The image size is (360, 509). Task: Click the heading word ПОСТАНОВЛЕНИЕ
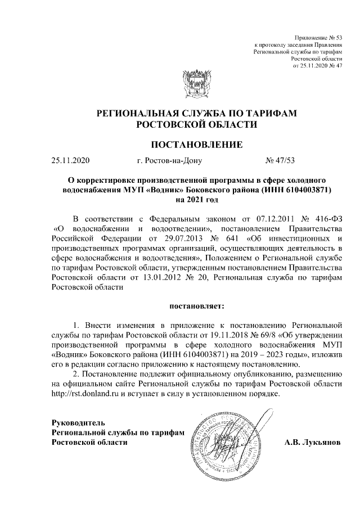196,145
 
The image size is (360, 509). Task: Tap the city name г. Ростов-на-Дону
169,160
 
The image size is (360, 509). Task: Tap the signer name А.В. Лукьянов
313,442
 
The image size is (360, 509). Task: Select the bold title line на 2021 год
196,200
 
